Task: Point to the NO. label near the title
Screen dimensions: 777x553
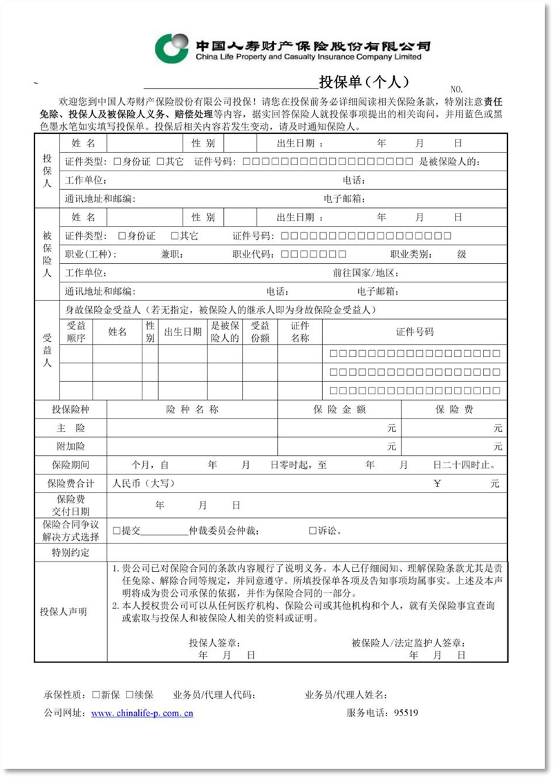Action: click(456, 90)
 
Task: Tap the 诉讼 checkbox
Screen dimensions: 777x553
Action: click(312, 531)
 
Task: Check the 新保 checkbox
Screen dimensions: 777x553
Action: click(96, 694)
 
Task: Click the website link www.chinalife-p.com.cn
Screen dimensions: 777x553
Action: click(142, 713)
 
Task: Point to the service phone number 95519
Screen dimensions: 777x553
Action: click(406, 713)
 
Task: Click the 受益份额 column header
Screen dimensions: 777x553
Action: click(260, 332)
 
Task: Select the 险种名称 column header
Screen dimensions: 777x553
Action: click(192, 410)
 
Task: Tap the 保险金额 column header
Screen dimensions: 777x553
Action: click(339, 410)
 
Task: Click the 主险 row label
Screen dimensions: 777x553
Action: click(71, 428)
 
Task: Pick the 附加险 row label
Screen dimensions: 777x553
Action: click(71, 446)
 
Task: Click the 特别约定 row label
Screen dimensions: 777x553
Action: click(71, 553)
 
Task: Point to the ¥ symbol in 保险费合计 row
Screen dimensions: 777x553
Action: click(436, 483)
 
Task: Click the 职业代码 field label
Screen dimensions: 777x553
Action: click(252, 254)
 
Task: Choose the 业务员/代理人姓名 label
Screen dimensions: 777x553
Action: click(346, 694)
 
